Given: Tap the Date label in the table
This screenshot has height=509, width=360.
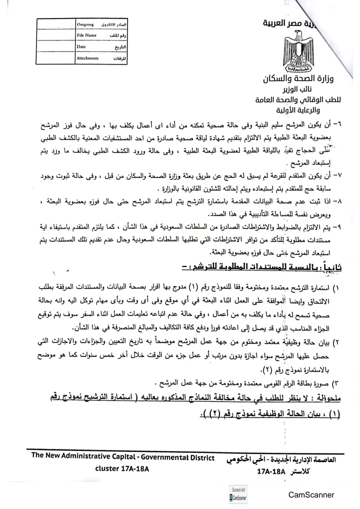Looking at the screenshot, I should (x=81, y=46).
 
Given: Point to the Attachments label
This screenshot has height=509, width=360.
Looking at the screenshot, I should (x=88, y=58).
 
